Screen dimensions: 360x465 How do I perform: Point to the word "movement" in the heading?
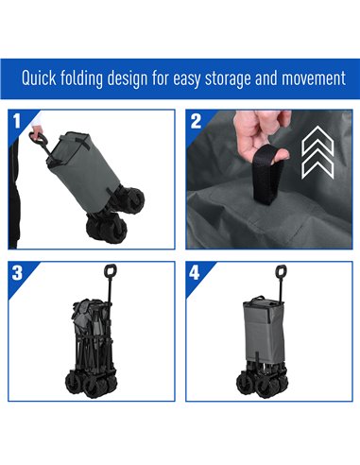click(314, 78)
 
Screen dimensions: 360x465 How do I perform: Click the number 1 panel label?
click(17, 121)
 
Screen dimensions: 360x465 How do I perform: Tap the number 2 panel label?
click(196, 121)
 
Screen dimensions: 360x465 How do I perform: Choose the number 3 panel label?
click(17, 272)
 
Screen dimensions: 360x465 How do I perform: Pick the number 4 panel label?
click(195, 273)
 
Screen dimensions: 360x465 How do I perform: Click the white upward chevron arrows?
click(317, 153)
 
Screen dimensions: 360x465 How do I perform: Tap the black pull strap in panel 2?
click(266, 175)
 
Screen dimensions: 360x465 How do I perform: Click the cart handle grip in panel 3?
click(111, 271)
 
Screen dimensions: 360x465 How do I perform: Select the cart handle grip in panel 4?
click(281, 272)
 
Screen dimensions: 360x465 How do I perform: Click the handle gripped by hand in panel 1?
click(37, 138)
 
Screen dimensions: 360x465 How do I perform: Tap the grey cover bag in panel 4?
click(264, 330)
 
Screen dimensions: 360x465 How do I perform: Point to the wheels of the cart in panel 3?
click(91, 384)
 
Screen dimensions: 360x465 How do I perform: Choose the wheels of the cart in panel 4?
click(262, 383)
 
